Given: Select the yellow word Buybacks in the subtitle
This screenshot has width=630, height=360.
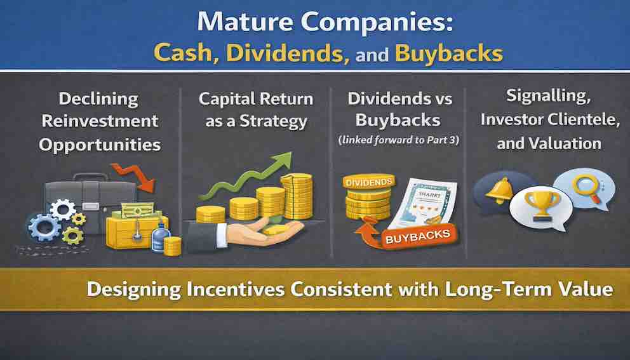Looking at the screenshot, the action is click(449, 54).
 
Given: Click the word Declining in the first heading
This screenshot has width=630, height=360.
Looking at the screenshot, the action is click(98, 99).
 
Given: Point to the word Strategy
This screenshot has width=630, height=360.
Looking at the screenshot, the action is click(273, 122).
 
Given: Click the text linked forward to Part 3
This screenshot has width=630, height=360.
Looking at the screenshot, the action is click(399, 140).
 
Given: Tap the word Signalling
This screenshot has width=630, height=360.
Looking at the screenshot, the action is click(549, 97).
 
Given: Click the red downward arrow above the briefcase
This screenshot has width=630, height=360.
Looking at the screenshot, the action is click(133, 177).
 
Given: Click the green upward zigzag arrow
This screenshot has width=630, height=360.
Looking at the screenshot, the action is click(246, 177).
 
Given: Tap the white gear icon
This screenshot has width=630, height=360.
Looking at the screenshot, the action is click(63, 210).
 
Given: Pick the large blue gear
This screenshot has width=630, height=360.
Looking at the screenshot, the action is click(44, 228).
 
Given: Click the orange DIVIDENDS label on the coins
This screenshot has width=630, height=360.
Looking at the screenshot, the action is click(368, 182).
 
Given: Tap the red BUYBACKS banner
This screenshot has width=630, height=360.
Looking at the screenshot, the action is click(418, 237).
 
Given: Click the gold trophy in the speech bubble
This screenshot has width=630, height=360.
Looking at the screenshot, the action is click(541, 205).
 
